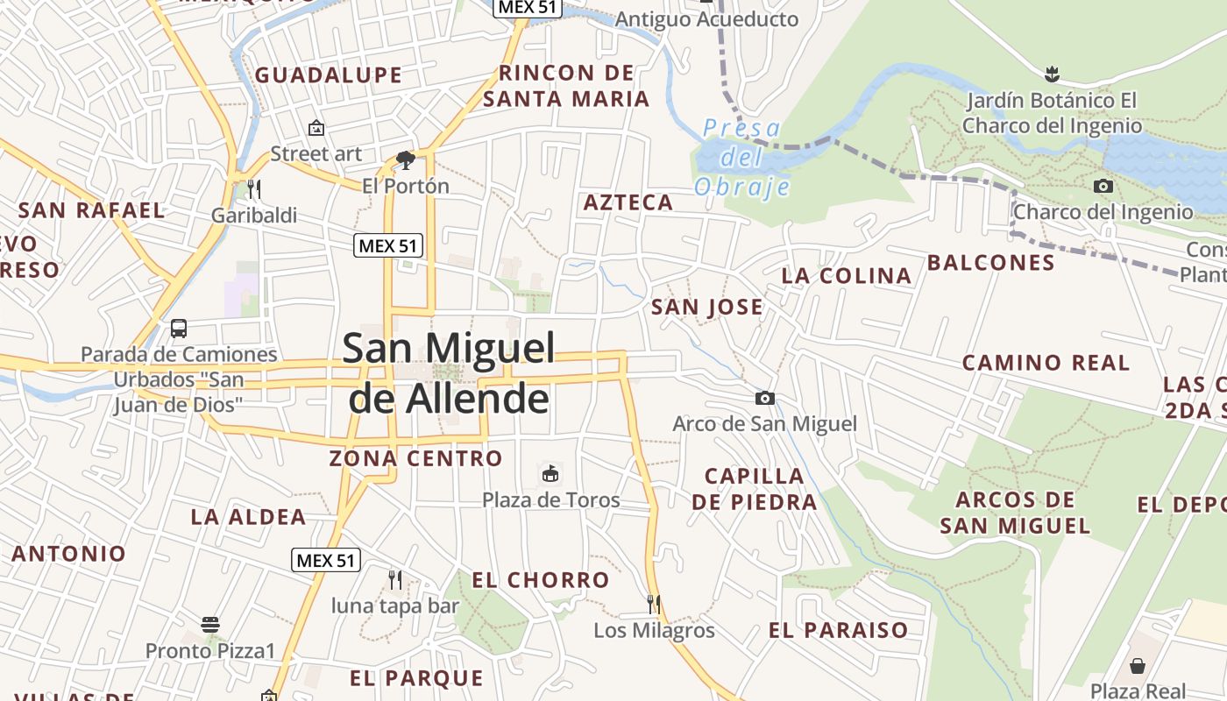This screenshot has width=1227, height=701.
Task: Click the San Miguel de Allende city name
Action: tap(449, 373)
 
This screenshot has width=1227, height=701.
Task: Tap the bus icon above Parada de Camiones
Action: tap(179, 329)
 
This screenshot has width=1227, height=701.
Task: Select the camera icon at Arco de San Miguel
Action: tap(764, 399)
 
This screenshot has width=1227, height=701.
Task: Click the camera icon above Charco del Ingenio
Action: tap(1103, 186)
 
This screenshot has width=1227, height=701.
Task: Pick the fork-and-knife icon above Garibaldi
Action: tap(254, 188)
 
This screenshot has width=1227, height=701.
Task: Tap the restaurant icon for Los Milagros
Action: tap(654, 604)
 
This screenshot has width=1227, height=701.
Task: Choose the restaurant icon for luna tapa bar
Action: tap(395, 579)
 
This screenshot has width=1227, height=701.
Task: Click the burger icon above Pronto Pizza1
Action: tap(209, 625)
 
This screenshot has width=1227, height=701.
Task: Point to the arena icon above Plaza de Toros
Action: tap(550, 474)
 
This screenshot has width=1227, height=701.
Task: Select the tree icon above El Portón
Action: tap(405, 159)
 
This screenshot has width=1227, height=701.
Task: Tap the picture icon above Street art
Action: tap(316, 129)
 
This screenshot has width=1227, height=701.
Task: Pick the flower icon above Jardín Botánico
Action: tap(1052, 74)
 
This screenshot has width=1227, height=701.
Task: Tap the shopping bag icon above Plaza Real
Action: tap(1137, 666)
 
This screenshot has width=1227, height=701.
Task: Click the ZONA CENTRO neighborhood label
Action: tap(415, 458)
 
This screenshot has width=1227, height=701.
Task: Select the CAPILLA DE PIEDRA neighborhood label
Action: tap(755, 489)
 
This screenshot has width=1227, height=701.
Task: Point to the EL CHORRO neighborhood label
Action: tap(540, 580)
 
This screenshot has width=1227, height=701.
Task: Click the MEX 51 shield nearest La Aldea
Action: tap(326, 560)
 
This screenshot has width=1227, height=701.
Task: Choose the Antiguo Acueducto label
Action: tap(706, 19)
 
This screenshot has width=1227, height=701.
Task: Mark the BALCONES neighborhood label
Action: tap(990, 263)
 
